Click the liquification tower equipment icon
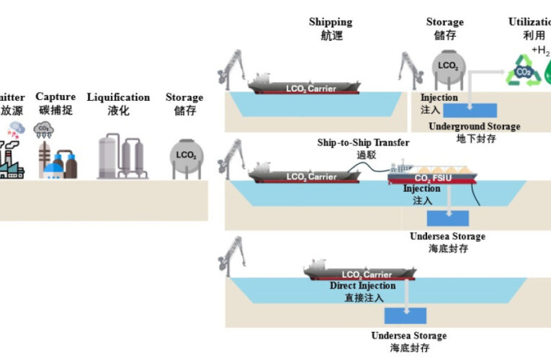tap(120, 154)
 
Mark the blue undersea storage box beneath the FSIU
tap(447, 217)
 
